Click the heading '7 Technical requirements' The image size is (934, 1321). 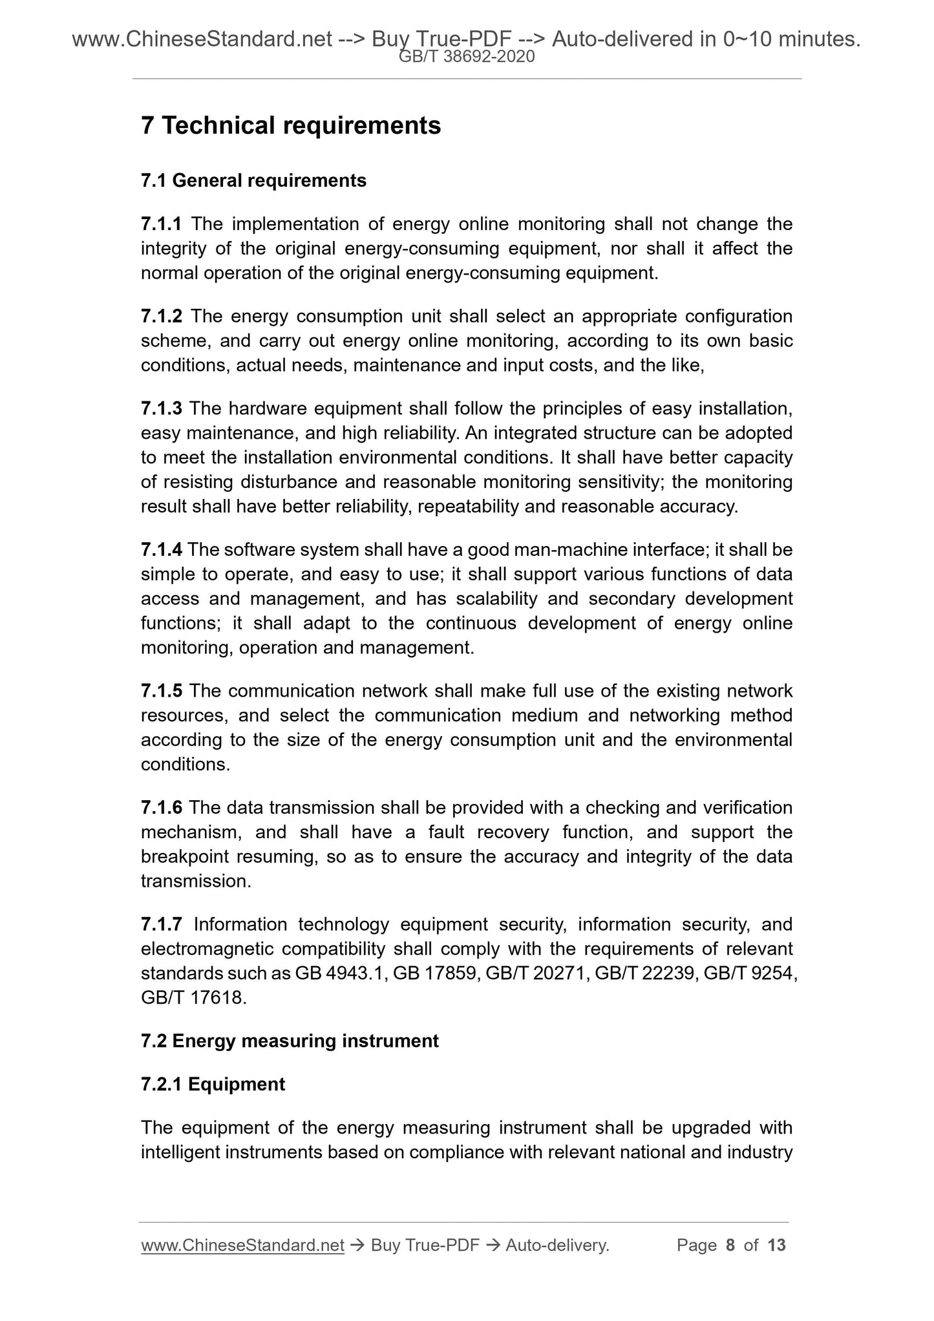click(291, 125)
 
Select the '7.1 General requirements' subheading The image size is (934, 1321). click(253, 180)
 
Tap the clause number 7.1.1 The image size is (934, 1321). click(162, 224)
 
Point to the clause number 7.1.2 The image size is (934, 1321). click(162, 317)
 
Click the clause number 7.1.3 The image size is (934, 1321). click(162, 409)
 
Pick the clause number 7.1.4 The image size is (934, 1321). click(162, 550)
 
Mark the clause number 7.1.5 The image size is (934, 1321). click(162, 692)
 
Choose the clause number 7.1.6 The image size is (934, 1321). click(162, 808)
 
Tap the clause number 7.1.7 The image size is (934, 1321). click(162, 925)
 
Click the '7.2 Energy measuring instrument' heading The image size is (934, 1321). click(290, 1041)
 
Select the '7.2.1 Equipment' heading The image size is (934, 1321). click(213, 1084)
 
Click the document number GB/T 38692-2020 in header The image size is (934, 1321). click(467, 57)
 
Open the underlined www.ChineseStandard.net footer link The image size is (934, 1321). click(242, 1245)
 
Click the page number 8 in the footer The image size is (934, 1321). click(730, 1245)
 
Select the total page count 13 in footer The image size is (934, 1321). click(776, 1245)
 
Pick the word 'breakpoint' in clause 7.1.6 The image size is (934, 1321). click(185, 857)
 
